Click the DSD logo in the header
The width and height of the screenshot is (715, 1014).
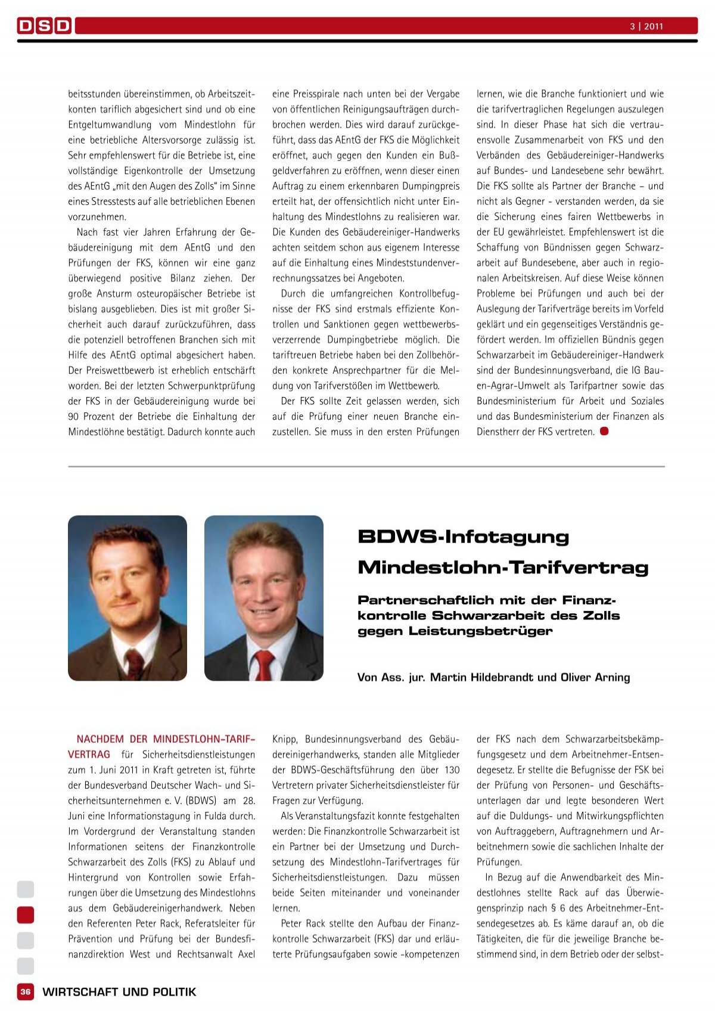[45, 26]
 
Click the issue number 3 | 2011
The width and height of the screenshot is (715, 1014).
[646, 26]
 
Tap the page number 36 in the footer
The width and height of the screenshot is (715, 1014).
[25, 992]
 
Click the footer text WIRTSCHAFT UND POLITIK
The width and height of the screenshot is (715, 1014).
[119, 992]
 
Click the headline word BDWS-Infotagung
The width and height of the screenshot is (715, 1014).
[464, 537]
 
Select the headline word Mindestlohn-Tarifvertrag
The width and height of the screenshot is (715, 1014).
[503, 567]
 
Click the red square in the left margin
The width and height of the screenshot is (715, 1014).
[26, 914]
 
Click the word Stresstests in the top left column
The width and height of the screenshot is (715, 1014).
[111, 201]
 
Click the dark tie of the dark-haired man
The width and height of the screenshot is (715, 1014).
[133, 663]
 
